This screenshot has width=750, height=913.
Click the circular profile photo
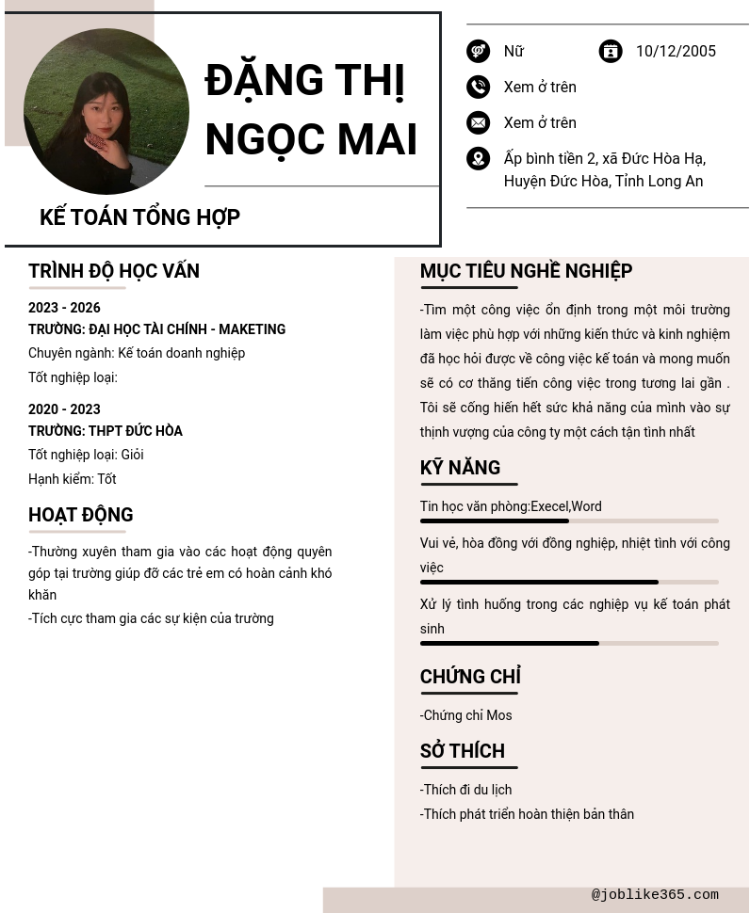(106, 111)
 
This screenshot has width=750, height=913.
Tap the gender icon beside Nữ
(478, 51)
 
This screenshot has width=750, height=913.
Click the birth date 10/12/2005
(676, 52)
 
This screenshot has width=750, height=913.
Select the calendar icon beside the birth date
(611, 51)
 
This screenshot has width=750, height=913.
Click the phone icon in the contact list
(478, 87)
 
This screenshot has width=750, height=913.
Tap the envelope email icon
(478, 122)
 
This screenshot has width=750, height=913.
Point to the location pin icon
(478, 158)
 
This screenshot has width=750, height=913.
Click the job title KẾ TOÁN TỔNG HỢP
(139, 217)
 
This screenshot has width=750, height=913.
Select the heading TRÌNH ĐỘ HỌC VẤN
(114, 271)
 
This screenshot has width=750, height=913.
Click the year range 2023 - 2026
(64, 308)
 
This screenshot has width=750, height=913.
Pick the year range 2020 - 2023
(64, 409)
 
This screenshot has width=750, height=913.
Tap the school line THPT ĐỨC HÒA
(106, 431)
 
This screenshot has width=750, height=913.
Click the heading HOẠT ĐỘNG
(81, 515)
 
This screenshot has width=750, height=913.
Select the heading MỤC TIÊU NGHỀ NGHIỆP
(526, 271)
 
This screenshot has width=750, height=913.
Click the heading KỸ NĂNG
(460, 468)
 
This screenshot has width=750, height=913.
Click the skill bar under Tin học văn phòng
(569, 521)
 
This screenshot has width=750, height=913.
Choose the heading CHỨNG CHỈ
(470, 677)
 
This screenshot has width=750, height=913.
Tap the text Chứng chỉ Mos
(466, 715)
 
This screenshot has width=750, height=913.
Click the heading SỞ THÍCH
(463, 751)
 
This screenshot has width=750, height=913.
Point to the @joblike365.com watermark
(655, 895)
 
